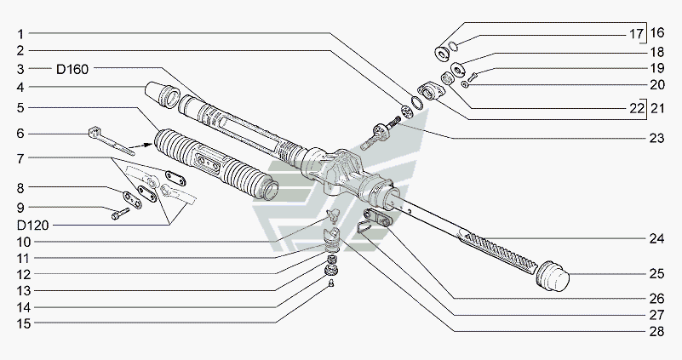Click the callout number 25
click(656, 275)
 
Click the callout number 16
click(657, 34)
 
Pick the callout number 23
click(656, 138)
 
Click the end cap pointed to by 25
click(554, 277)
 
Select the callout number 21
click(657, 108)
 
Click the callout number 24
click(656, 239)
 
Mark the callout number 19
click(656, 68)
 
